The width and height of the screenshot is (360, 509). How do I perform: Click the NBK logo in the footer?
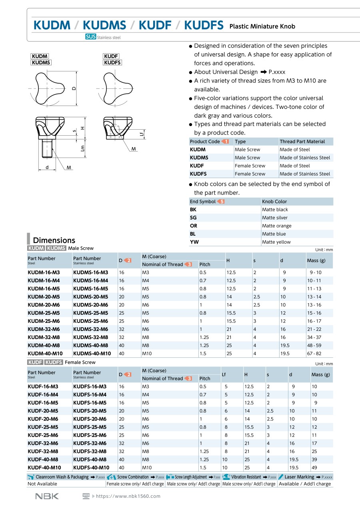(47, 496)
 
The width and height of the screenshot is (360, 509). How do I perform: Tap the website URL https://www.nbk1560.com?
(128, 496)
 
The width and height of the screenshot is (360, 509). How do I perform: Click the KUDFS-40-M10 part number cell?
(91, 467)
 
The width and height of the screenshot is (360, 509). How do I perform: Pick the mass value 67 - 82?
(314, 353)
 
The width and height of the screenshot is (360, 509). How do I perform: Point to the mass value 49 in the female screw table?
(314, 467)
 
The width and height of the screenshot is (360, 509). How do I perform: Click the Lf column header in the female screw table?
(224, 375)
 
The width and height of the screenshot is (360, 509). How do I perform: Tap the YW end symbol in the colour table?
(194, 242)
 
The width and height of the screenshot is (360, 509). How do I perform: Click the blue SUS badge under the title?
(90, 37)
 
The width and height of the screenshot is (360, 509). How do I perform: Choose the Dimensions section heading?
(54, 240)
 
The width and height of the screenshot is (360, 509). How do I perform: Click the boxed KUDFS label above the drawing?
(112, 62)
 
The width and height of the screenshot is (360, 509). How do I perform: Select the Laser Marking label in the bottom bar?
(299, 477)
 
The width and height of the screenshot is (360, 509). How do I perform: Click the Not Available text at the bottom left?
(42, 484)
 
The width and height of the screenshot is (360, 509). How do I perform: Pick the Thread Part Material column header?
(302, 141)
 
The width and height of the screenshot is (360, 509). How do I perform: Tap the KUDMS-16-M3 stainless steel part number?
(90, 273)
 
